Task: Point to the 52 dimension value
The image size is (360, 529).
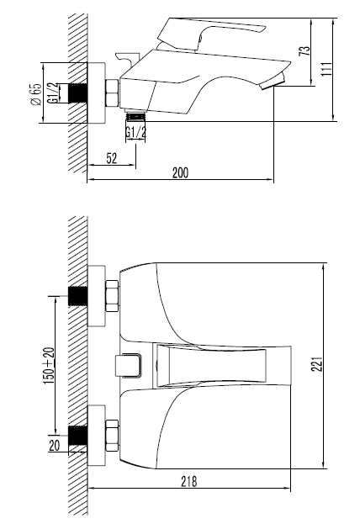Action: (x=111, y=156)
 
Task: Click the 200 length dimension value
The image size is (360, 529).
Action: (x=178, y=172)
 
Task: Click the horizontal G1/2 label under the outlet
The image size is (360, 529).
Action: (x=135, y=132)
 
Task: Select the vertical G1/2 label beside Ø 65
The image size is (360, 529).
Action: (x=54, y=92)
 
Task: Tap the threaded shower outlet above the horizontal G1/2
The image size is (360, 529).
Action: (x=135, y=115)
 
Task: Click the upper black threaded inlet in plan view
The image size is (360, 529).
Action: (x=78, y=296)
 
